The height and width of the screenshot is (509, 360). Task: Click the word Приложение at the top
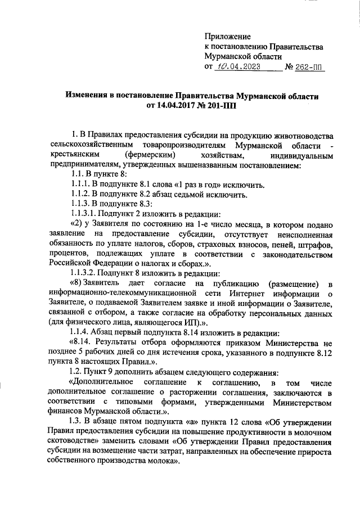coord(228,36)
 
